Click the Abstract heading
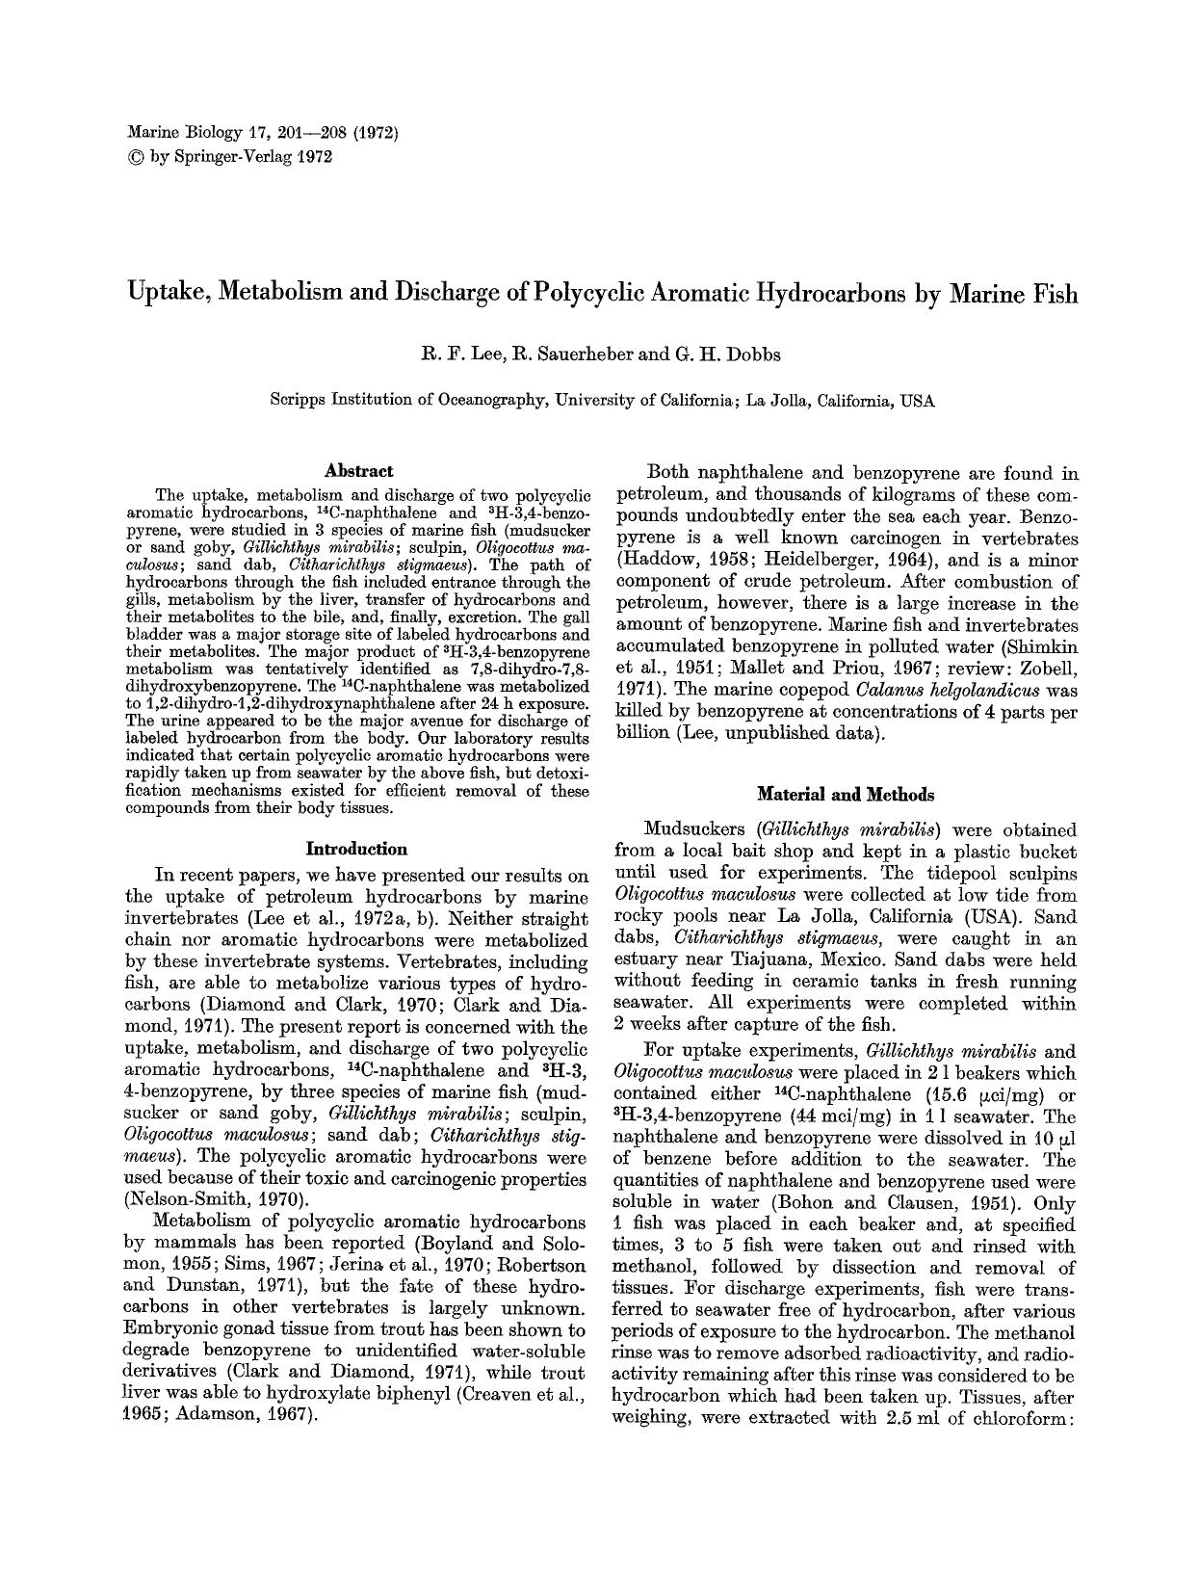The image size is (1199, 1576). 358,471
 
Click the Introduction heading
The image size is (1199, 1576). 356,849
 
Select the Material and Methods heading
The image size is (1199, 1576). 845,795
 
